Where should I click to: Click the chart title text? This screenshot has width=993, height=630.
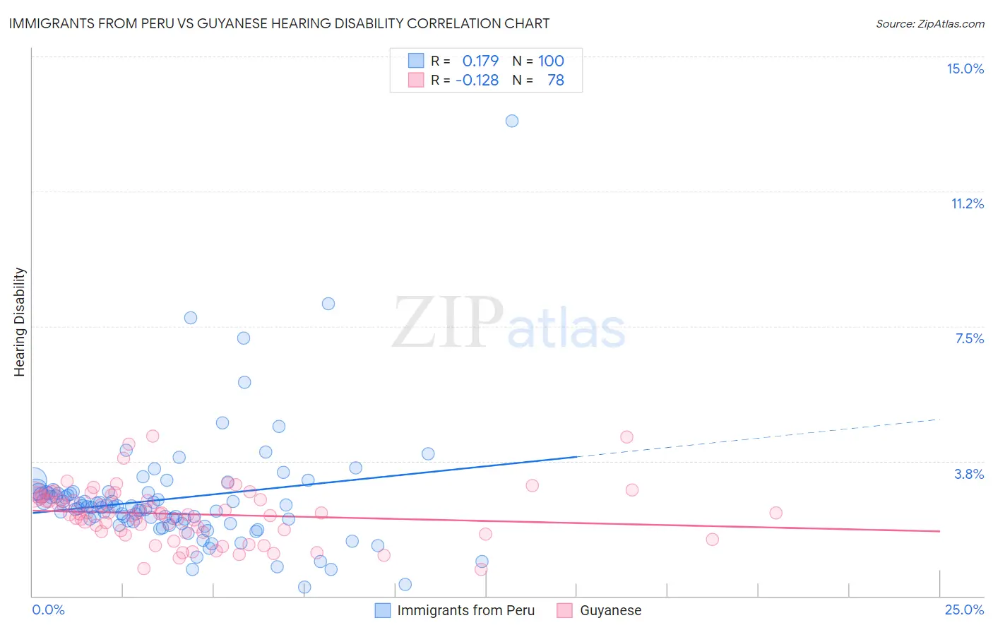(x=279, y=23)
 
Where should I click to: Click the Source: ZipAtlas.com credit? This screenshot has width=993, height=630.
(x=929, y=23)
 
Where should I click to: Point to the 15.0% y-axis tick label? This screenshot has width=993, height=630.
(x=965, y=69)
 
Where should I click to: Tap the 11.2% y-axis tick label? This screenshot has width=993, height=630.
(x=967, y=203)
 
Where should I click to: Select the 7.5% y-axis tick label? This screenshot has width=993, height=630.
(x=969, y=338)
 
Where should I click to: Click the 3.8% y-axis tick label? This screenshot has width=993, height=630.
(x=969, y=474)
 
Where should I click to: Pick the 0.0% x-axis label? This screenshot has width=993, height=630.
(x=48, y=610)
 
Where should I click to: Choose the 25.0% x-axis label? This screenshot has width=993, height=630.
(x=964, y=610)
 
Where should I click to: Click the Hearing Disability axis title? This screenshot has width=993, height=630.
(x=20, y=321)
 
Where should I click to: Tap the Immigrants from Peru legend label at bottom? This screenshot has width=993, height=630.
(x=465, y=610)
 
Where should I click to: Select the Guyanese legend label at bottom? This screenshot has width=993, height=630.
(x=610, y=610)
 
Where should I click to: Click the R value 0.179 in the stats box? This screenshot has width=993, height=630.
(x=480, y=61)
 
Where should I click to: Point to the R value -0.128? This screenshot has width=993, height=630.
(x=477, y=80)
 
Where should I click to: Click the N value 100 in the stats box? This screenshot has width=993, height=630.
(x=551, y=61)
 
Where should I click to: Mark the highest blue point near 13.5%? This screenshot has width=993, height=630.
(x=512, y=121)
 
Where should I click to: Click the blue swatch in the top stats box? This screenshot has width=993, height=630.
(x=416, y=61)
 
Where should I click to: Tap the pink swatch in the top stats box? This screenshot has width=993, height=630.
(x=416, y=80)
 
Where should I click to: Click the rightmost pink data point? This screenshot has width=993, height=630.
(x=775, y=513)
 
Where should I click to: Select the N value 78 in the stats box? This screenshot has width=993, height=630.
(x=556, y=80)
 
